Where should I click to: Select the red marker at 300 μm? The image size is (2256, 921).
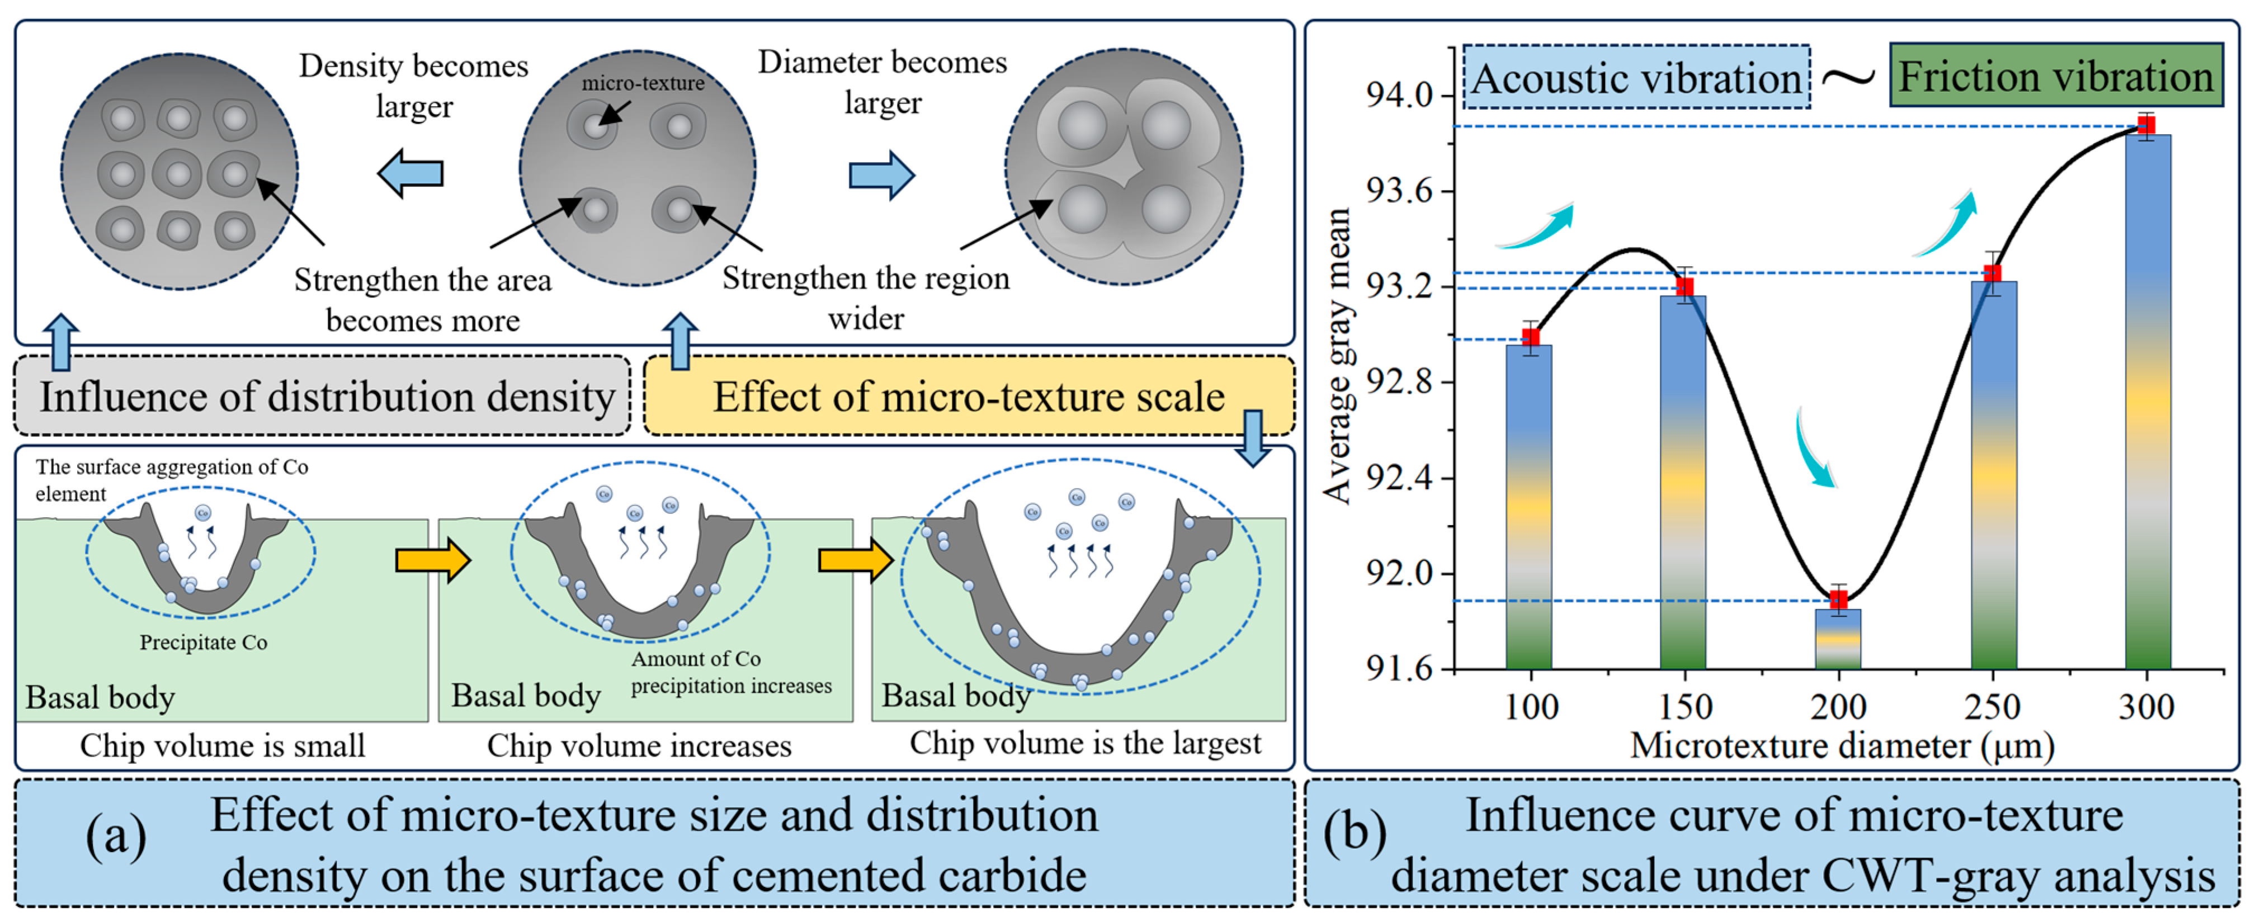click(x=2146, y=125)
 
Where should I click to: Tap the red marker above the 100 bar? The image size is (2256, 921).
click(x=1530, y=338)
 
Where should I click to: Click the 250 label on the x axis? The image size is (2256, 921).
click(x=1993, y=706)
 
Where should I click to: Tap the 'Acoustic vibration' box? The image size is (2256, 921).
click(x=1636, y=78)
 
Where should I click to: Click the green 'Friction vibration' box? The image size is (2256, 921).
click(x=2055, y=75)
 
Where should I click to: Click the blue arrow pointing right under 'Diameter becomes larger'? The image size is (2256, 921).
click(x=881, y=175)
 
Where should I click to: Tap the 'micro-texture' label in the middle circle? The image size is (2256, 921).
click(x=643, y=83)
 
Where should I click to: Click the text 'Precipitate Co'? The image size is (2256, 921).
click(x=203, y=643)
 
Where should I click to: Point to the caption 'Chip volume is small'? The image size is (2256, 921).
click(x=223, y=746)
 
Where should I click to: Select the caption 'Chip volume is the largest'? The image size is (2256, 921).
click(x=1085, y=743)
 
